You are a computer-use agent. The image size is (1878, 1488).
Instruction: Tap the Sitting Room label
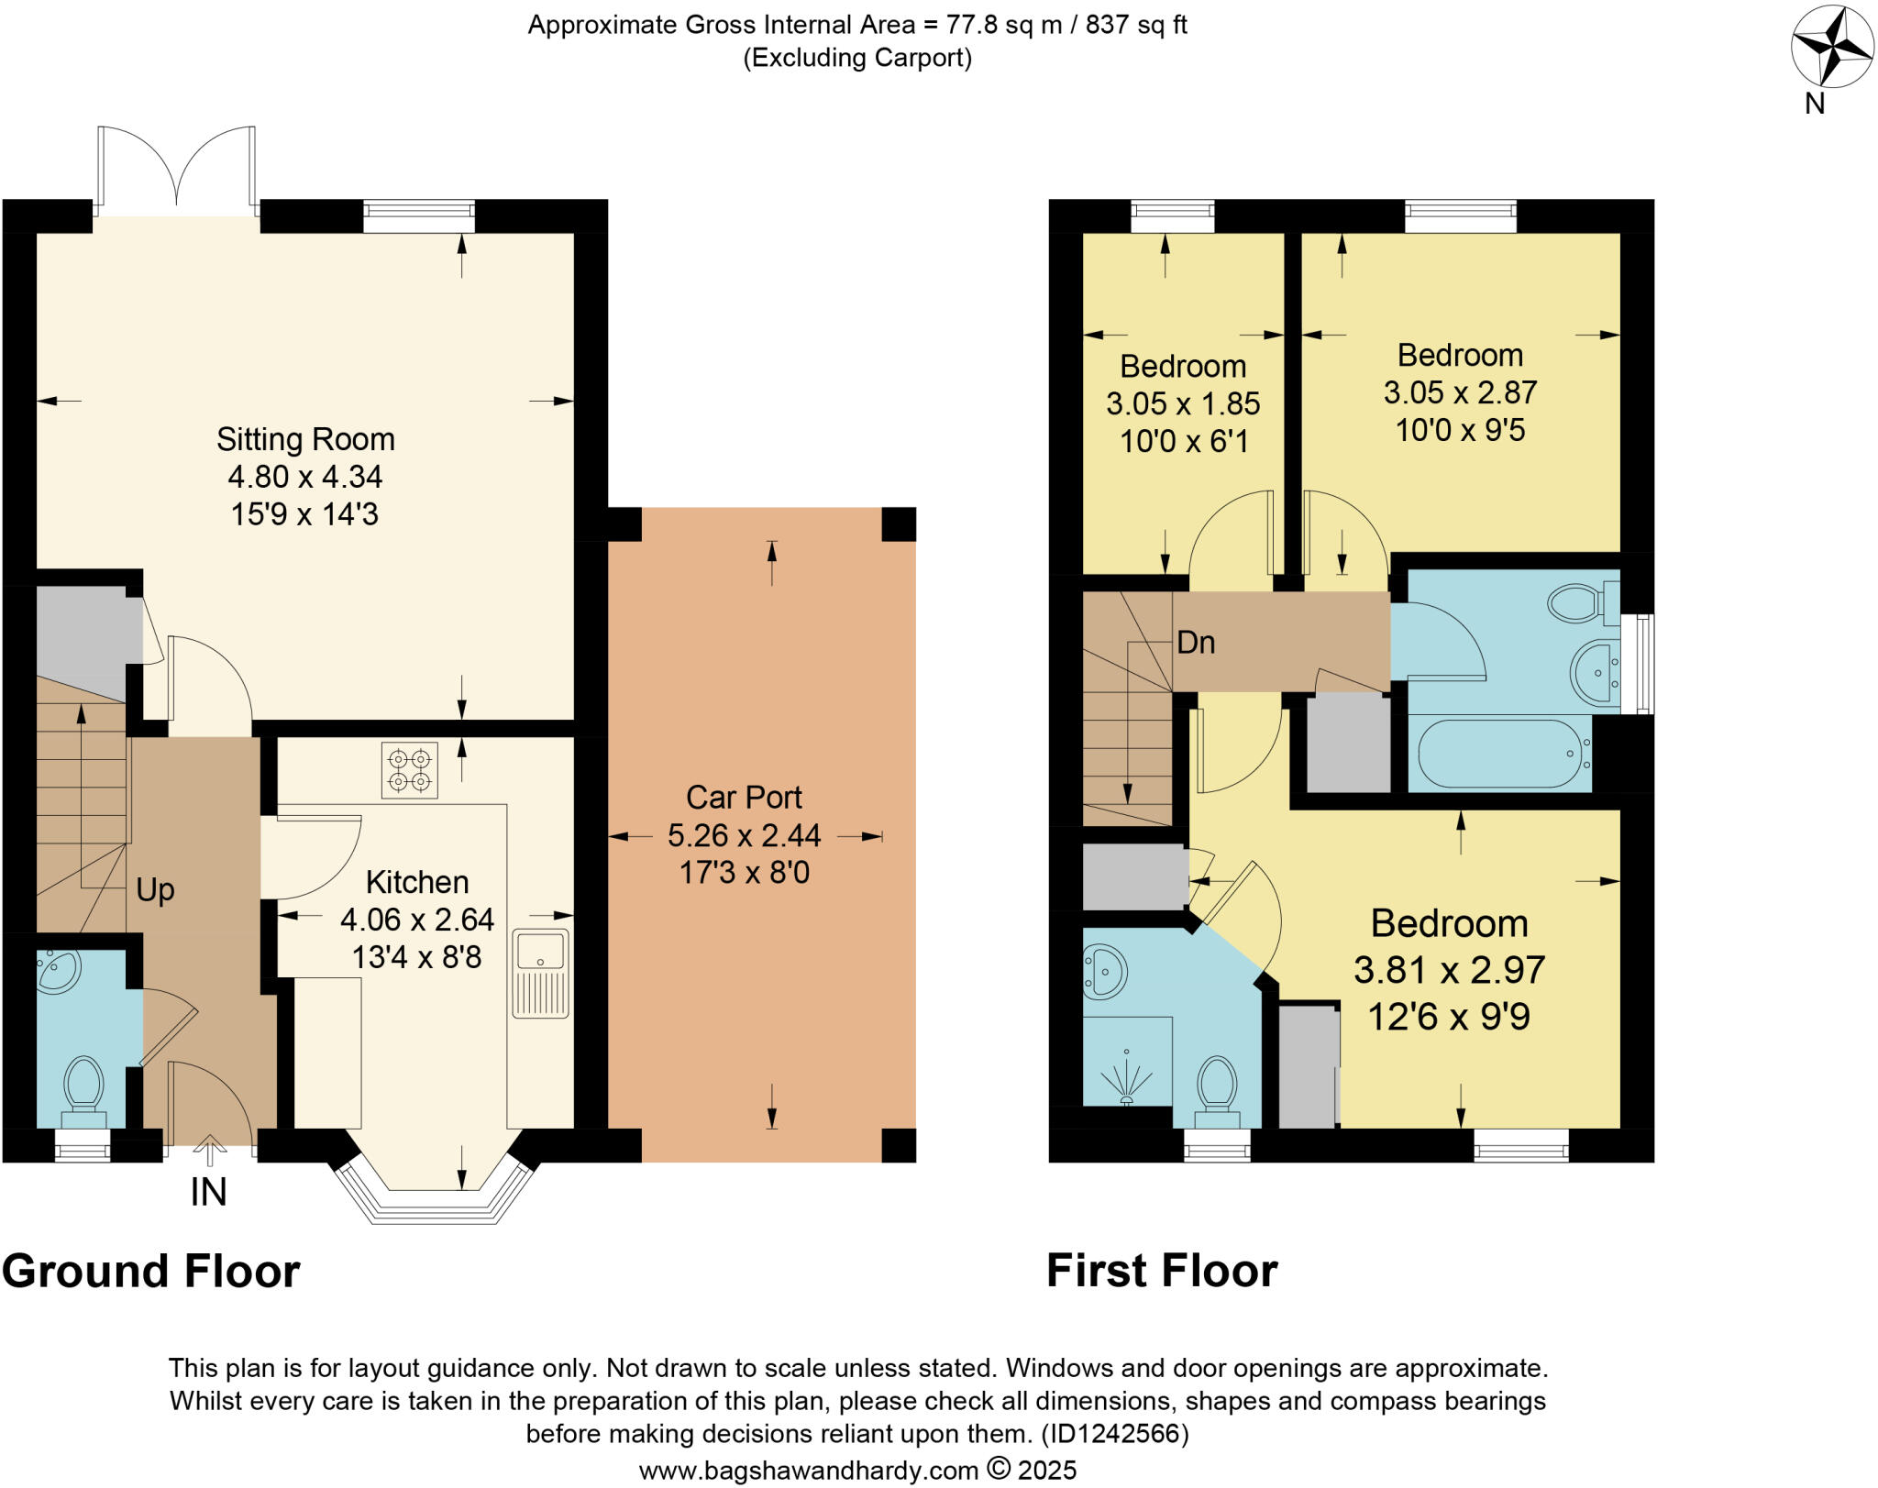305,439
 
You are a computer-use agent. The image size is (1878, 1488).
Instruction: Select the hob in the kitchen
409,770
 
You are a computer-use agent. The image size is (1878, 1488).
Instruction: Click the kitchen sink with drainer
540,973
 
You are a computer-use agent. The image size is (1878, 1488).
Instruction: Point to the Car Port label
744,798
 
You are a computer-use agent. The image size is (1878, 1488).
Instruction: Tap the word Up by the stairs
155,889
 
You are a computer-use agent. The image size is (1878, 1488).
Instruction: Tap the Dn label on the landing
1196,643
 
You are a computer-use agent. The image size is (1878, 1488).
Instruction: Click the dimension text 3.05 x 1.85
1182,403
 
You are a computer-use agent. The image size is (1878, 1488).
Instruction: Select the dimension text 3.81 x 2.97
1449,970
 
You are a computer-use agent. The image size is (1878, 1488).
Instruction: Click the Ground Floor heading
151,1272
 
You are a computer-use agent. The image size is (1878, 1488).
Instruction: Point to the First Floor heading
1162,1272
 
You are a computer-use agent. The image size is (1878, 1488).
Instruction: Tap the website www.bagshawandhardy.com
808,1471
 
